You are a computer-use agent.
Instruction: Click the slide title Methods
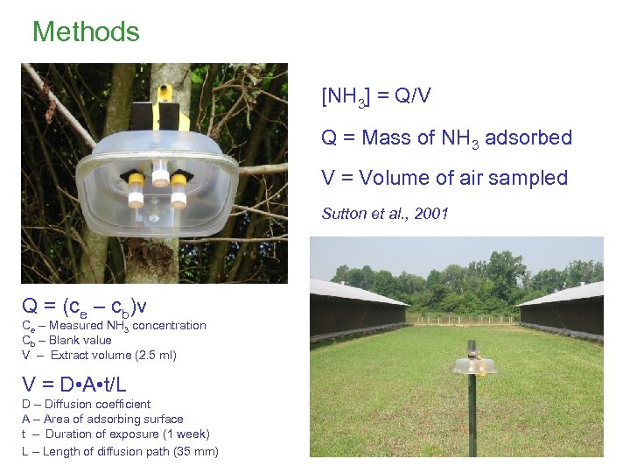[x=86, y=32]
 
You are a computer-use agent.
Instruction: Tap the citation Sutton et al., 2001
[x=385, y=213]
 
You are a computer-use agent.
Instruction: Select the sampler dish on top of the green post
[x=472, y=366]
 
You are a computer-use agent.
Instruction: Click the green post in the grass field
[x=472, y=412]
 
